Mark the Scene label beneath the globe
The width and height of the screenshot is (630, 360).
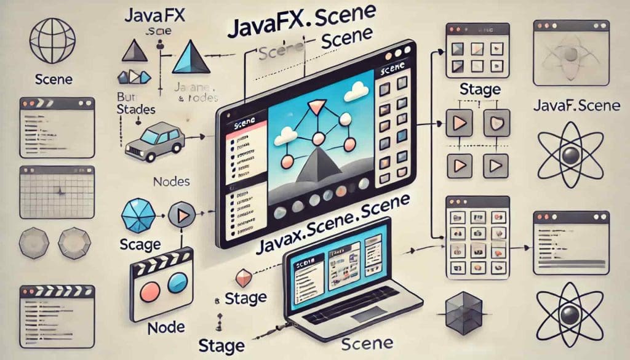tap(54, 79)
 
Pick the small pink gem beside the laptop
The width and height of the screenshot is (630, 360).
tap(245, 278)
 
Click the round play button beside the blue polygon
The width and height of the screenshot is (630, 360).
tap(181, 215)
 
